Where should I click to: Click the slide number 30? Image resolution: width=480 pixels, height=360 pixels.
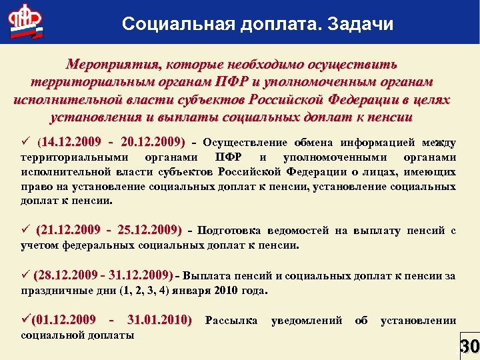point(469,347)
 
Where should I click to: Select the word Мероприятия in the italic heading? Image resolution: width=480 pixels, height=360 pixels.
point(111,65)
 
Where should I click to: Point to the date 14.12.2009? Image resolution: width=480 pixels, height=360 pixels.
point(69,142)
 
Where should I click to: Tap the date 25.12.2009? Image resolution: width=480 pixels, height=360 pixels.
point(148,231)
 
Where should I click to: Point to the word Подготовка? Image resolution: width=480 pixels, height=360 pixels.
point(229,231)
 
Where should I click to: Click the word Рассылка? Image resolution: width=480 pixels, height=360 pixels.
point(231,320)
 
